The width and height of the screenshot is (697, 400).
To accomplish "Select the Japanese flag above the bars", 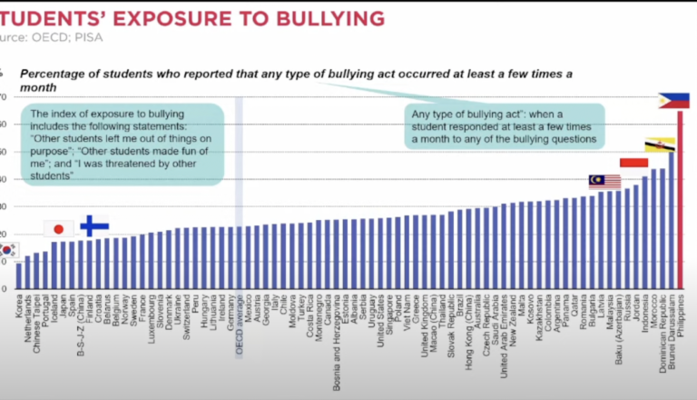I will (59, 228).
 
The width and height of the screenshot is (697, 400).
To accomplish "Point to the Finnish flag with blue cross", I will (93, 225).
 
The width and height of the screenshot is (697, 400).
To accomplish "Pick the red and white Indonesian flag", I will (634, 162).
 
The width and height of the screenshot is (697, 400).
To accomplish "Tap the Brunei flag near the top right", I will (659, 145).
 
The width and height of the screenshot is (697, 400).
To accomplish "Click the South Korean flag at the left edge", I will (7, 249).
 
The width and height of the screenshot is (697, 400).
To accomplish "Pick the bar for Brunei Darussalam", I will (671, 219).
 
